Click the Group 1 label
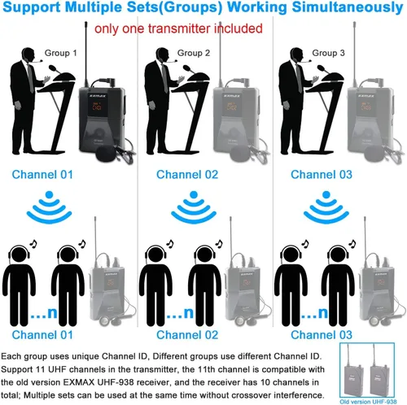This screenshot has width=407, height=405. (x=60, y=53)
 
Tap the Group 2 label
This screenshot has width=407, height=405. (x=194, y=53)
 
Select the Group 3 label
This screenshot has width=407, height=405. (x=328, y=53)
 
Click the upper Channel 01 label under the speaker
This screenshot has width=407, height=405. (x=42, y=175)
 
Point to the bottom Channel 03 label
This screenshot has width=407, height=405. (x=322, y=335)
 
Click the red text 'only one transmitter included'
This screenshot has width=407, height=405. (x=178, y=29)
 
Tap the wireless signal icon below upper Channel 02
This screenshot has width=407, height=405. (x=194, y=207)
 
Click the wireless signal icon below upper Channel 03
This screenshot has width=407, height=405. (x=326, y=207)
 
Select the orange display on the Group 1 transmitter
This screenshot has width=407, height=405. (x=97, y=107)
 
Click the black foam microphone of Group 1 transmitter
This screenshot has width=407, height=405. (x=106, y=154)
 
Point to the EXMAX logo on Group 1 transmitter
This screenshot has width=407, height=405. (x=98, y=96)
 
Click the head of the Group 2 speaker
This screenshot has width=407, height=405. (x=162, y=55)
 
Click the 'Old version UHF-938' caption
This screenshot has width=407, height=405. (x=368, y=402)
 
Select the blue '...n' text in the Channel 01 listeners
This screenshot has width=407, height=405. (x=44, y=313)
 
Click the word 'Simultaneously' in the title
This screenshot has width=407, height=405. (x=348, y=7)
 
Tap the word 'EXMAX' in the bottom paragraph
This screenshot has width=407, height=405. (x=79, y=382)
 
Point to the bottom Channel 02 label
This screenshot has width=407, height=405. (x=187, y=335)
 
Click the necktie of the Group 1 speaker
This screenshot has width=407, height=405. (x=31, y=79)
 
